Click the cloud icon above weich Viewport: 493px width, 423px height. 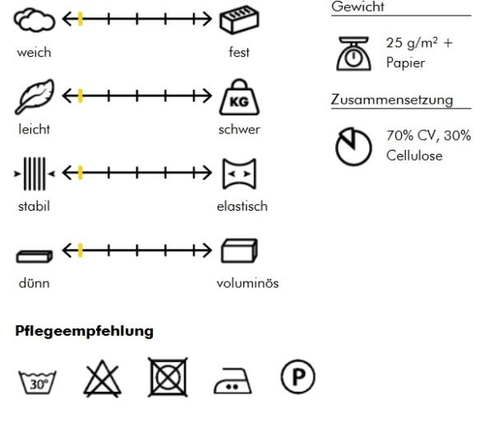(x=35, y=21)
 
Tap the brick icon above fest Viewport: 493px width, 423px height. (x=239, y=20)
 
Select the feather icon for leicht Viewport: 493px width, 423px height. (x=35, y=96)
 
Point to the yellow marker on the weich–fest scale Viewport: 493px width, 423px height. (x=81, y=19)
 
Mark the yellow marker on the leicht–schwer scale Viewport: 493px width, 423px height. (x=81, y=95)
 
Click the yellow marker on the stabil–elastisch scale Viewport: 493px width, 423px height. (x=81, y=173)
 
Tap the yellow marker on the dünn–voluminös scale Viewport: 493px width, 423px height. (x=81, y=250)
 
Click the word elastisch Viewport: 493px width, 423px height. (x=242, y=207)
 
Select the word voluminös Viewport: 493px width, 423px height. (x=248, y=283)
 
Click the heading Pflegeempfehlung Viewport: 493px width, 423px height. (x=85, y=332)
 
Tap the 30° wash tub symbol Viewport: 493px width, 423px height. (x=38, y=382)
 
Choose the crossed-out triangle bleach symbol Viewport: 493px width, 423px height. (x=102, y=379)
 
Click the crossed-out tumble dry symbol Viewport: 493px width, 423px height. (x=168, y=377)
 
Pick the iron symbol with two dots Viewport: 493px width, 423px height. (x=233, y=381)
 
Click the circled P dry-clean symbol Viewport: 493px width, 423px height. (x=297, y=377)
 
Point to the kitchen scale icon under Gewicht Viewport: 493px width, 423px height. (x=353, y=53)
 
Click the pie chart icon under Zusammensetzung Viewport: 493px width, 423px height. (x=353, y=146)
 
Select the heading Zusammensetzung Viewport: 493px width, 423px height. (x=392, y=100)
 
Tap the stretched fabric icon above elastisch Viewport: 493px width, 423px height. (x=239, y=174)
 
